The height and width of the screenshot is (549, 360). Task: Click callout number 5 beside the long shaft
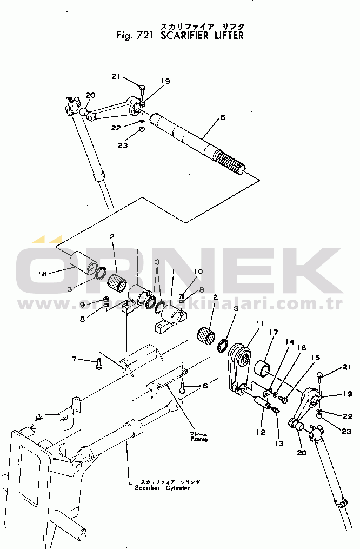(x=223, y=117)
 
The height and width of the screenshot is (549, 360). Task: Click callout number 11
(x=259, y=323)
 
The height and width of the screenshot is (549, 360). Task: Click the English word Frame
(x=198, y=440)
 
